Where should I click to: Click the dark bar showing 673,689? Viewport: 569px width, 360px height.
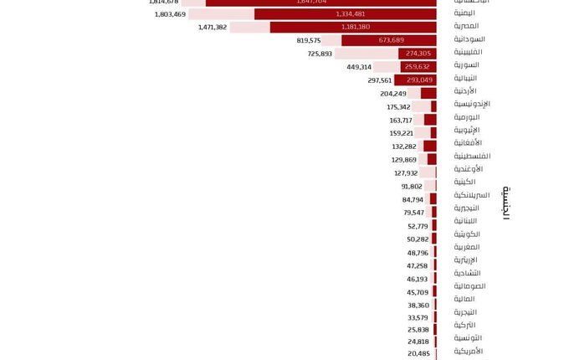(388, 40)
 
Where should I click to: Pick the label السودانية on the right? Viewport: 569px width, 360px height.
(469, 39)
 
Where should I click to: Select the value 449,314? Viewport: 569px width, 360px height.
(359, 66)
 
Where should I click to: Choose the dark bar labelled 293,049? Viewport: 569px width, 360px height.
(415, 80)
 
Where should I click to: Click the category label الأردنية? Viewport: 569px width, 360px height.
(465, 90)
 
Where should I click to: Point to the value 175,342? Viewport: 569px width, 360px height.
(398, 106)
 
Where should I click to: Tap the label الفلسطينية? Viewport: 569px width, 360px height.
(472, 156)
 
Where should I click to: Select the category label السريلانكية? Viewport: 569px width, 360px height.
(472, 195)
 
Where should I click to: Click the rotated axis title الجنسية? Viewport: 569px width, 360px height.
(506, 203)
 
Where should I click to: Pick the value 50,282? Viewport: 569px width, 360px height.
(418, 239)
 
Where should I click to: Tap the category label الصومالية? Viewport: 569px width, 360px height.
(469, 286)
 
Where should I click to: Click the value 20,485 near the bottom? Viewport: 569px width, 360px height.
(418, 353)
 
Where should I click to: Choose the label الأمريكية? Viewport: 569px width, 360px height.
(469, 351)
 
